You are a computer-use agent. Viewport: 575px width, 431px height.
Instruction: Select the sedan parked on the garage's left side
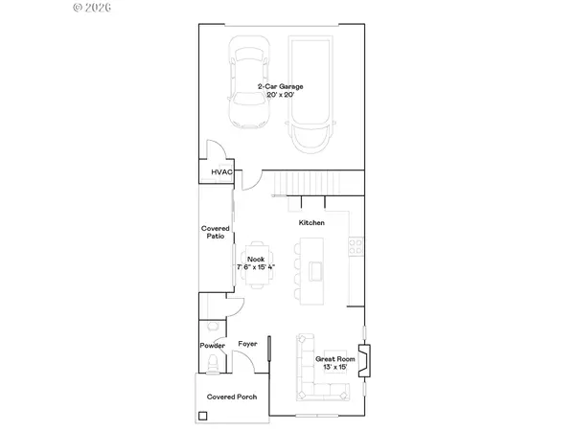(x=246, y=83)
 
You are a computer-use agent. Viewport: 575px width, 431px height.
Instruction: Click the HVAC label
(x=222, y=172)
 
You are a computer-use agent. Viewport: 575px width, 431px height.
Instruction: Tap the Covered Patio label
(x=214, y=232)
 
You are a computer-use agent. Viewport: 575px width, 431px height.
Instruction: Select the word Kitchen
(x=311, y=222)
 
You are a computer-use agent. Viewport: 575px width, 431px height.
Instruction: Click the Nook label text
(x=256, y=259)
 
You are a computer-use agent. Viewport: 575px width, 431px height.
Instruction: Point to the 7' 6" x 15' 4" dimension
(x=256, y=266)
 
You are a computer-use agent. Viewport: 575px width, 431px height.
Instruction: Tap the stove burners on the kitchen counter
(x=356, y=245)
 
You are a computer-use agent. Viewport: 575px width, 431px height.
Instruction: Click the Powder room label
(x=212, y=345)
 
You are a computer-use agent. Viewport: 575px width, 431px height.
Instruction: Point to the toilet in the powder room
(x=212, y=363)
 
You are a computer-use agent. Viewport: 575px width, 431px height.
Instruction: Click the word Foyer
(x=248, y=342)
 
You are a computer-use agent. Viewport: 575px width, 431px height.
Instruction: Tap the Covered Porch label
(x=233, y=397)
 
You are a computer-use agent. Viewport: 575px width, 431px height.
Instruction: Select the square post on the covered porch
(x=203, y=417)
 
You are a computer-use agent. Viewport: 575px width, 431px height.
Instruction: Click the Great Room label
(x=335, y=358)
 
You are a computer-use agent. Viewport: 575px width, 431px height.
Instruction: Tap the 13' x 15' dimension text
(x=335, y=367)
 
